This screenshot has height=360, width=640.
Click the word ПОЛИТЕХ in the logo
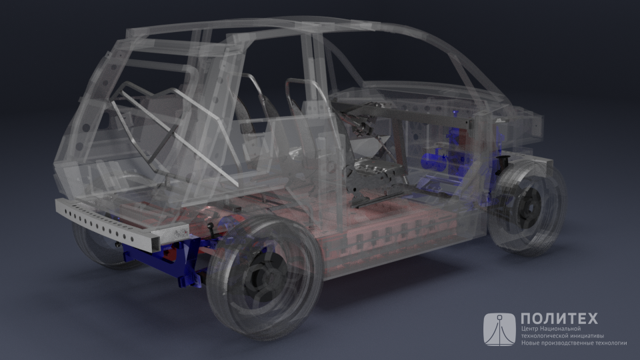click(x=559, y=319)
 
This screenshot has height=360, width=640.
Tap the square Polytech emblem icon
click(x=499, y=329)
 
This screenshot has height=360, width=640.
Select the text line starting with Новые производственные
click(x=574, y=343)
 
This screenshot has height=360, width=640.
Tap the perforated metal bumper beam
click(x=123, y=223)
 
